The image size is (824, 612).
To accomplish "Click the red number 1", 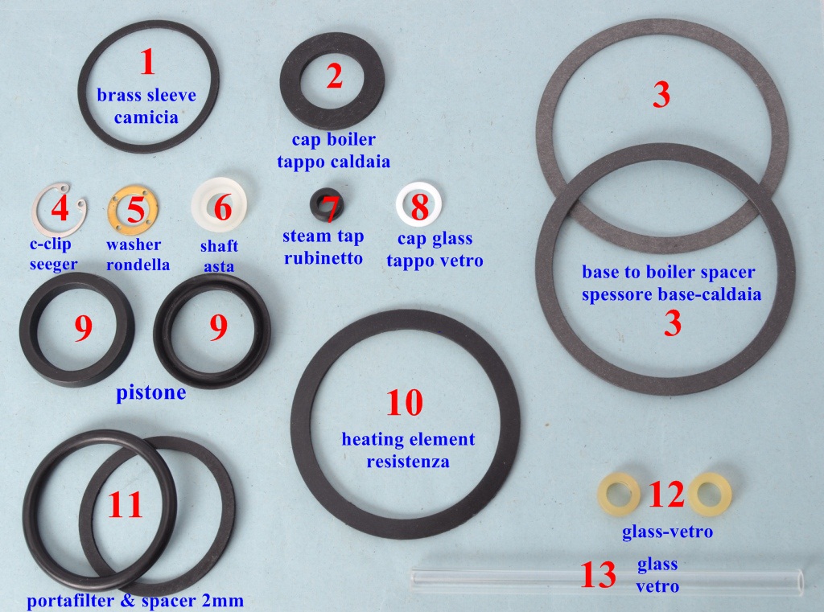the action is pyautogui.click(x=148, y=61).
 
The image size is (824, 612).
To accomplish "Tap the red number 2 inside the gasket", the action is pyautogui.click(x=334, y=76).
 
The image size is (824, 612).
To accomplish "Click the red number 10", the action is pyautogui.click(x=405, y=402).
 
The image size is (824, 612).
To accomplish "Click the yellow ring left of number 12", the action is pyautogui.click(x=604, y=494).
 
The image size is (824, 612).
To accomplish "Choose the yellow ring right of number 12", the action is pyautogui.click(x=723, y=494).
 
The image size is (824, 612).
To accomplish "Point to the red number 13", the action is pyautogui.click(x=598, y=574).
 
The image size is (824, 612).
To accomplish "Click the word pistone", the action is pyautogui.click(x=150, y=392).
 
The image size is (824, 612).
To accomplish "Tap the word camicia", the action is pyautogui.click(x=146, y=117).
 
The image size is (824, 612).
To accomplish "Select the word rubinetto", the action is pyautogui.click(x=323, y=258).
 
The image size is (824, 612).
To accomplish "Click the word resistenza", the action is pyautogui.click(x=408, y=462).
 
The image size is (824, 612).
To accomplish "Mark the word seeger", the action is pyautogui.click(x=53, y=265).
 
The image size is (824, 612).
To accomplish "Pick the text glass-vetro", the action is pyautogui.click(x=667, y=532).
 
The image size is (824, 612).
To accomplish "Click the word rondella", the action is pyautogui.click(x=138, y=265).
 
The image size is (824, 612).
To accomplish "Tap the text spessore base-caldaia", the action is pyautogui.click(x=671, y=294).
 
